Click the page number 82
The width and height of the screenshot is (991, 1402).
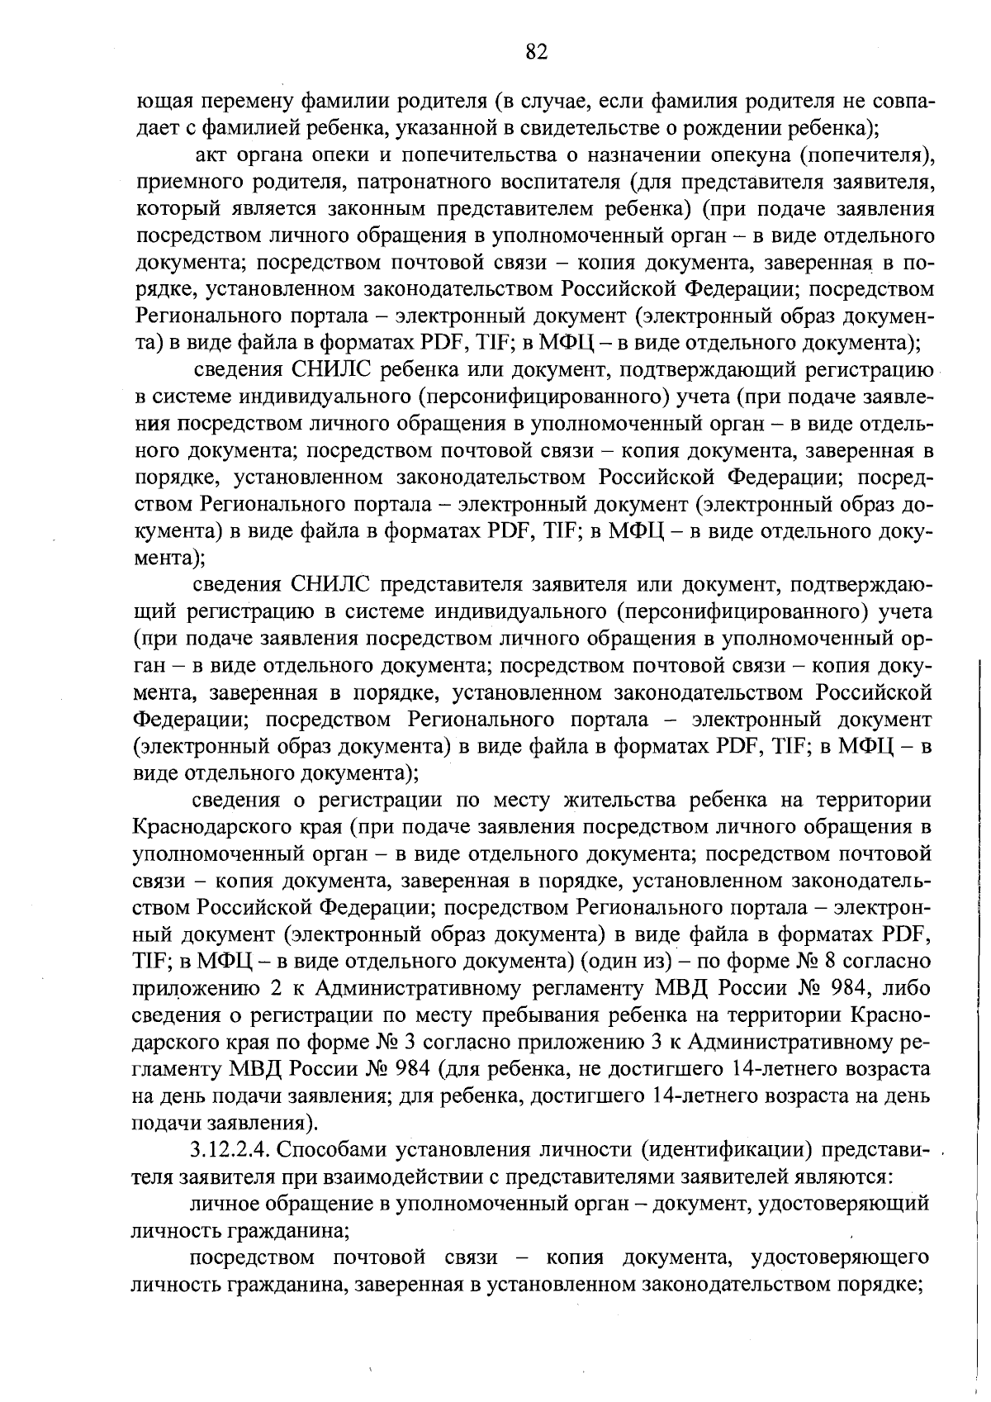click(536, 52)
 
